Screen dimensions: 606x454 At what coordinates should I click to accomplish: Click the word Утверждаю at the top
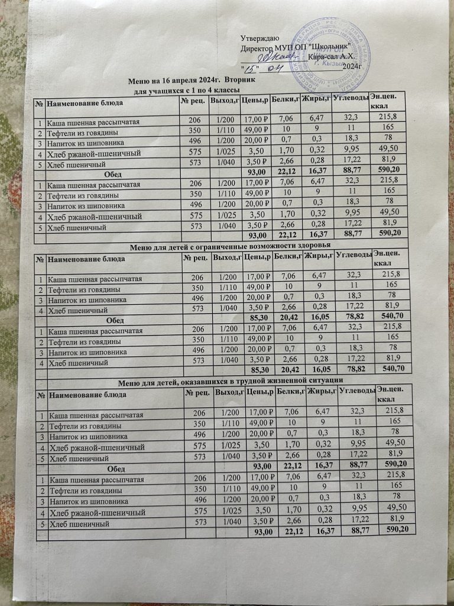point(261,37)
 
